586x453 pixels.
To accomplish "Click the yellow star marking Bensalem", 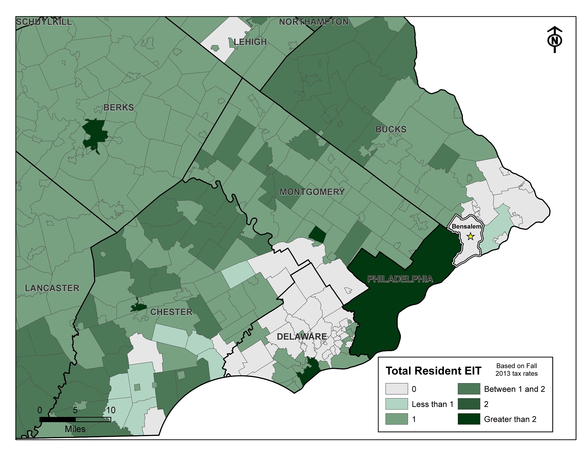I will coord(470,237).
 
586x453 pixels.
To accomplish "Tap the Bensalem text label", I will coord(466,226).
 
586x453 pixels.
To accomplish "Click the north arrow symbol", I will coord(554,40).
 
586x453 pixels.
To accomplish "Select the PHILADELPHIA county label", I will coord(400,279).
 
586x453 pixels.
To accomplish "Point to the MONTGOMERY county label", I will coord(312,192).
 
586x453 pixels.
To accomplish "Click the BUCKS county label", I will coord(391,129).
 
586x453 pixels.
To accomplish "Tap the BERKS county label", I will coord(118,107).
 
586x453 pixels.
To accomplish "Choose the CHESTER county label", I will coord(171,312).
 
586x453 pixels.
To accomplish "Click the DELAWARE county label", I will coord(302,337).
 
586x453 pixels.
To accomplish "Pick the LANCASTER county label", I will coord(52,288).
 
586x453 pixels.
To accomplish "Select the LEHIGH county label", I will coord(250,42).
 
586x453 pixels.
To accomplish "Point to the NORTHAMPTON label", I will coord(314,22).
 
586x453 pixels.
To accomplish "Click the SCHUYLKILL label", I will coord(44,22).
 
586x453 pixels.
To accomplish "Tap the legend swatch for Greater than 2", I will coord(469,419).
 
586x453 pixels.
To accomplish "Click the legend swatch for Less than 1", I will coord(396,404).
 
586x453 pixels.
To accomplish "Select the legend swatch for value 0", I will coord(396,389).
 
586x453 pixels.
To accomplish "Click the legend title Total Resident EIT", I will coord(433,371).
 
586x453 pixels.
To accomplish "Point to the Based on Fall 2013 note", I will coord(516,370).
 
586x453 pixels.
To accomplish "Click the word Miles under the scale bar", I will coord(75,429).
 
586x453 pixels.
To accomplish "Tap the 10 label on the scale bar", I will coord(111,410).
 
